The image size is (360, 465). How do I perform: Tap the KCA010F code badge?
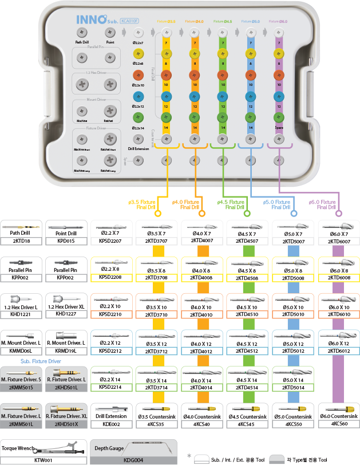click(x=130, y=21)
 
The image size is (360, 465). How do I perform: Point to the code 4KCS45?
click(x=247, y=424)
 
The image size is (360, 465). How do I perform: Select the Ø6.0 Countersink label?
click(x=338, y=416)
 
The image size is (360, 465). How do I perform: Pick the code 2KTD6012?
click(x=338, y=350)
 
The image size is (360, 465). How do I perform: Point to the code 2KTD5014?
click(x=292, y=387)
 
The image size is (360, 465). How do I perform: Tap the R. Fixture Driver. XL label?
click(x=66, y=416)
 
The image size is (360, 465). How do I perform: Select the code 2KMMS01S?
click(x=22, y=387)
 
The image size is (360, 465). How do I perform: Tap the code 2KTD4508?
click(x=247, y=278)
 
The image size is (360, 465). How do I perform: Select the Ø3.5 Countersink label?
click(x=157, y=416)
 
